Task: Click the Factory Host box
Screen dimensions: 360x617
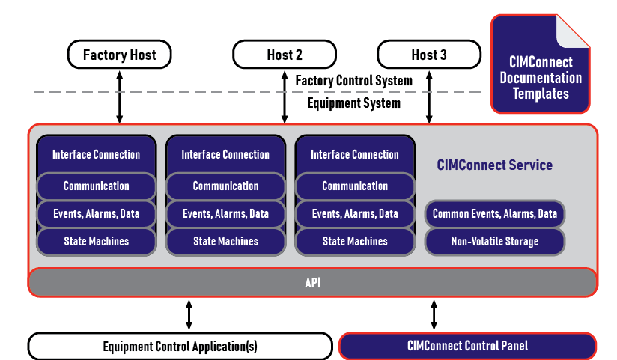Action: click(x=119, y=55)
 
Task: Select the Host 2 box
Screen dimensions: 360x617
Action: click(x=285, y=55)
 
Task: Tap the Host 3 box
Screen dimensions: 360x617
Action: click(x=429, y=55)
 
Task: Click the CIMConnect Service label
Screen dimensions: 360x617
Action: click(x=494, y=165)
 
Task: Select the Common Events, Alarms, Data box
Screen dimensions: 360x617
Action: click(x=495, y=214)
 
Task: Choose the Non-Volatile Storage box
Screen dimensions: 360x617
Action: click(x=495, y=242)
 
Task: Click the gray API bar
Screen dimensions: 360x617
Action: click(x=313, y=283)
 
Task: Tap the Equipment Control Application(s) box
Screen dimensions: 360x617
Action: click(x=180, y=347)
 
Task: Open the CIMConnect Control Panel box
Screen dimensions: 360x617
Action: click(x=467, y=347)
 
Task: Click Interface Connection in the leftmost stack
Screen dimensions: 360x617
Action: click(x=96, y=155)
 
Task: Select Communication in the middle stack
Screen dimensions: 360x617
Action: click(x=225, y=186)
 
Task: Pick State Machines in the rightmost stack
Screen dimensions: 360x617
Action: click(x=355, y=242)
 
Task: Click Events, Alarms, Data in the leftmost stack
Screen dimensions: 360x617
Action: click(x=96, y=214)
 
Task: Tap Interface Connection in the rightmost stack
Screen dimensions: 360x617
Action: click(x=355, y=155)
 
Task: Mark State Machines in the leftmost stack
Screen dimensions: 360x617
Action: click(x=96, y=242)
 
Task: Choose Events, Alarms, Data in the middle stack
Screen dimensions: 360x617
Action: click(x=225, y=214)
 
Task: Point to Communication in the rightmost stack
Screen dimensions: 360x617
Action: click(x=355, y=186)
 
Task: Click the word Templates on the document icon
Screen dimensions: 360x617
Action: click(x=540, y=94)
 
